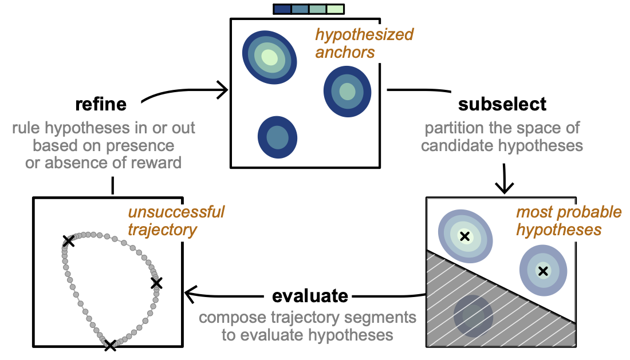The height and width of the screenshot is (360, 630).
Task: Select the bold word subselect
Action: point(502,104)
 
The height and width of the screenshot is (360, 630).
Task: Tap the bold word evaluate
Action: point(310,296)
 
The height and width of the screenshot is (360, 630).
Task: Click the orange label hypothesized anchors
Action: point(364,43)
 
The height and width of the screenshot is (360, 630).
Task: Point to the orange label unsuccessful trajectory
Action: point(176,221)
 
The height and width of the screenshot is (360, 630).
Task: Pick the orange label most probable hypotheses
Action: point(569,221)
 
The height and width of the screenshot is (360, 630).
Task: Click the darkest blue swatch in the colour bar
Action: point(282,9)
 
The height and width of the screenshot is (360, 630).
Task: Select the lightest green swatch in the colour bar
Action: point(335,9)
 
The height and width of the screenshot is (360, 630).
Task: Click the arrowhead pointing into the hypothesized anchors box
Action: point(223,89)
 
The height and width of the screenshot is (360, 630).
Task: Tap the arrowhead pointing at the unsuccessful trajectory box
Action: point(190,292)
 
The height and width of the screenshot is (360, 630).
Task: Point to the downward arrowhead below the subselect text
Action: point(505,187)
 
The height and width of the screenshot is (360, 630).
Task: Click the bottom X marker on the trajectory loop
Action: point(110,345)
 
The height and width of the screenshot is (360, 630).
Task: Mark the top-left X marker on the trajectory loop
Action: point(68,241)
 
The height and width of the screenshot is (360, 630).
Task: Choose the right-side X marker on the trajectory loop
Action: point(156,282)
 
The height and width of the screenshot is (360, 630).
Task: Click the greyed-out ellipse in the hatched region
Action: point(473,314)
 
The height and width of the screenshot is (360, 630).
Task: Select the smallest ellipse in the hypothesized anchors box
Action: point(277,137)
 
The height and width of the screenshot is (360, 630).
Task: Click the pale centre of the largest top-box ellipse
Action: point(269,56)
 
